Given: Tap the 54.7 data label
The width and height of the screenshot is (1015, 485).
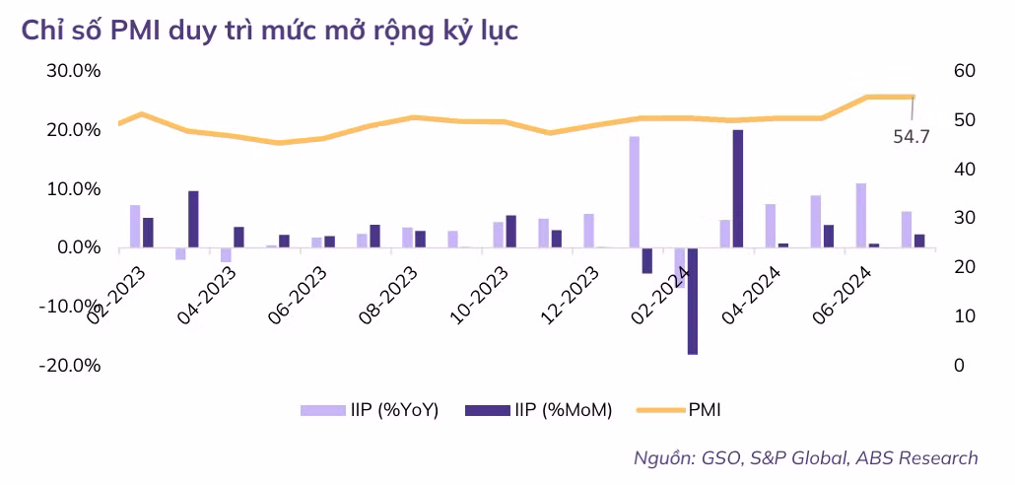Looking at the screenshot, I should pos(912,137).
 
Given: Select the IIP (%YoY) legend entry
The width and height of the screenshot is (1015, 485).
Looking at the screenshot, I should pos(370,410).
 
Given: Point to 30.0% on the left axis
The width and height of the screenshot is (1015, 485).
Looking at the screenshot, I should pos(74,71).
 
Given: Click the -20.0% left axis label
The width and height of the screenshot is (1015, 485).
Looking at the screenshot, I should pos(71,366).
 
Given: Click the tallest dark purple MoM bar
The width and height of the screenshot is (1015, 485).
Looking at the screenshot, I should pos(738,188).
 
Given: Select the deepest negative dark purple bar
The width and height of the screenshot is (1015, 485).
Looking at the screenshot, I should pos(693,301).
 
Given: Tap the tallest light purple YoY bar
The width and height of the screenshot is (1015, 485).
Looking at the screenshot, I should pos(635,191).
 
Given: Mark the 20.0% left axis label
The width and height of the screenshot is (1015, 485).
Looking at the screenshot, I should pos(74,130).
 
